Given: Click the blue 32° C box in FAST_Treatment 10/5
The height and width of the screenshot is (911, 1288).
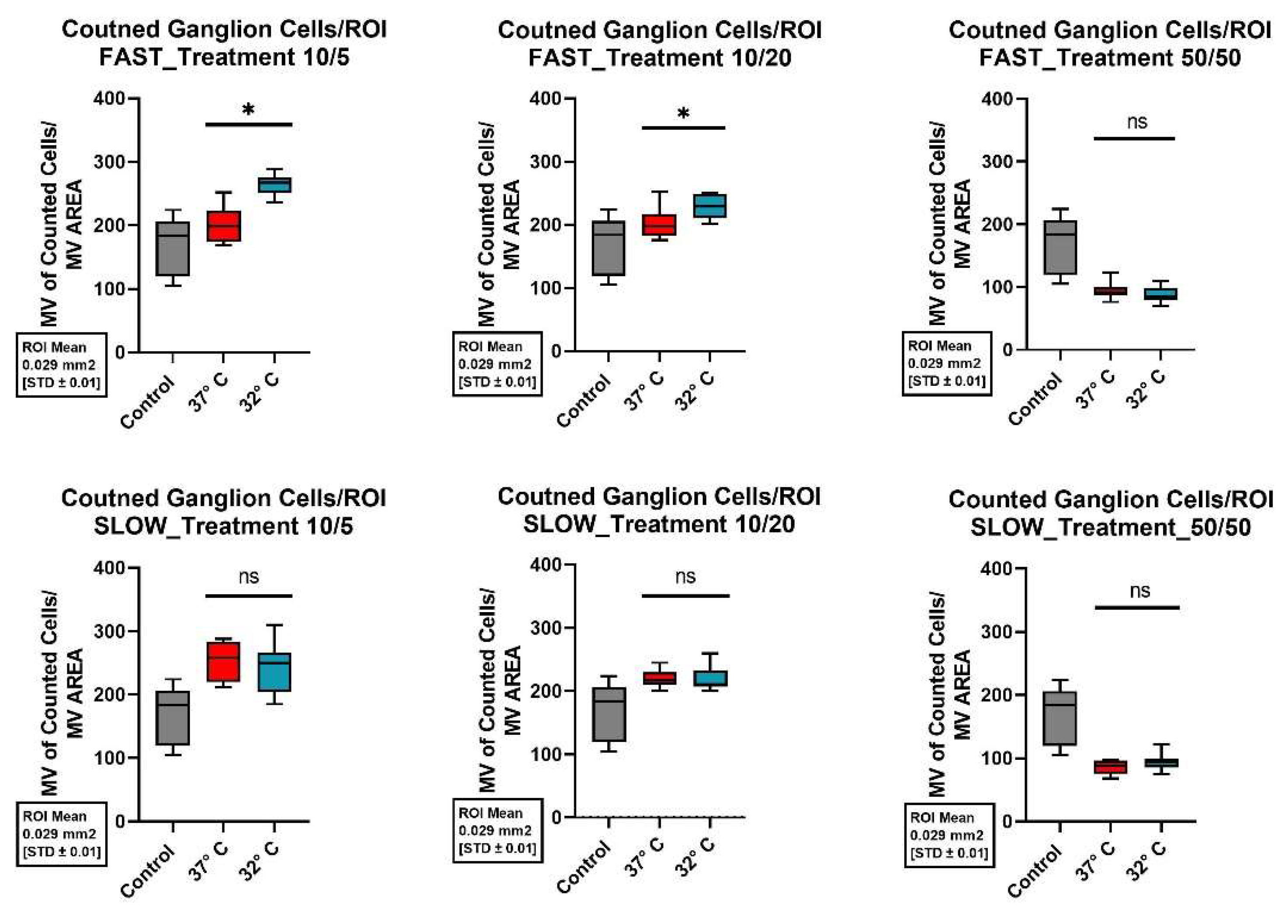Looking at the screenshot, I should (274, 184).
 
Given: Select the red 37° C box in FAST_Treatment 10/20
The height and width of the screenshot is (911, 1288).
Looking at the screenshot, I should (659, 225).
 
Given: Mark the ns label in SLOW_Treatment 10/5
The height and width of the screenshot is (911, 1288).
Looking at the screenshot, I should (249, 576).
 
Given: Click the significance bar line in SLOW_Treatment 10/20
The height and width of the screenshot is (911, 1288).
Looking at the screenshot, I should (685, 596).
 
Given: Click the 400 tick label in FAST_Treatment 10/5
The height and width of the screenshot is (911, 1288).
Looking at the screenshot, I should (110, 99).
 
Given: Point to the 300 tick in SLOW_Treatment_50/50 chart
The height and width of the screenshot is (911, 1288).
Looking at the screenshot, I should (998, 632).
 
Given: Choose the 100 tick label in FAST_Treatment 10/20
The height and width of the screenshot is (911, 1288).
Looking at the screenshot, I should (546, 288).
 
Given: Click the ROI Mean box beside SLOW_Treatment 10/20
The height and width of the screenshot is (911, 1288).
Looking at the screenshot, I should (497, 831).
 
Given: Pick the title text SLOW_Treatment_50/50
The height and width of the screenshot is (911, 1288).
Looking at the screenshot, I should (1110, 527).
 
